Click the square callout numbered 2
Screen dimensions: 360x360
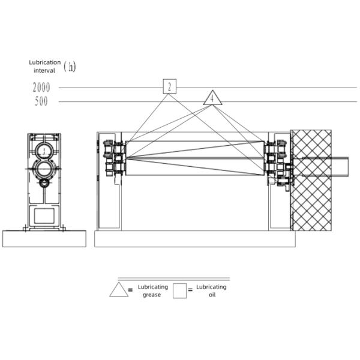170,86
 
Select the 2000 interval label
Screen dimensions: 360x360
41,88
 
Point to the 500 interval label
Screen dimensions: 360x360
41,101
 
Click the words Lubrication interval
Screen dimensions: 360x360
45,67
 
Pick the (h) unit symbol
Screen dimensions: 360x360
70,67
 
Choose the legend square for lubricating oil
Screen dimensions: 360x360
179,290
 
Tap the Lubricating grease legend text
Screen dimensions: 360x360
152,290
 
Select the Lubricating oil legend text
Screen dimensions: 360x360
211,290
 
